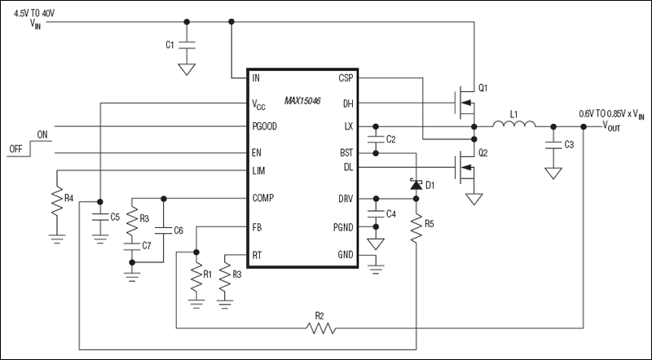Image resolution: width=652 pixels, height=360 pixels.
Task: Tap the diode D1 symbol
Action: point(416,186)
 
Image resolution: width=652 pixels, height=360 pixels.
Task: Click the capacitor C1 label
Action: point(170,45)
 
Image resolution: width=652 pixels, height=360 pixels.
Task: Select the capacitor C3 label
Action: point(568,143)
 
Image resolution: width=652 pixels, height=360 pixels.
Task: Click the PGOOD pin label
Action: point(266,127)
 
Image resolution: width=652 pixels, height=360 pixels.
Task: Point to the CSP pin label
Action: point(346,78)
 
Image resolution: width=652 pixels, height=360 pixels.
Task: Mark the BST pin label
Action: point(346,152)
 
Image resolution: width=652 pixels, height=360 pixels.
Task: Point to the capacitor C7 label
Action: point(148,245)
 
